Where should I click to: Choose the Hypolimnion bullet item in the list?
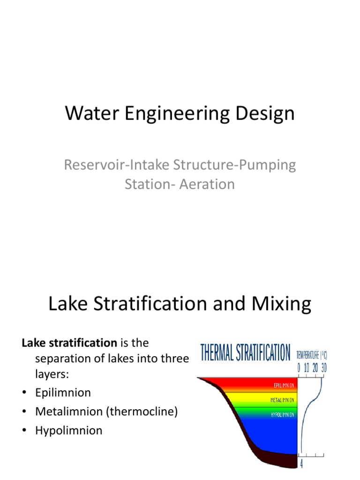[x=68, y=430]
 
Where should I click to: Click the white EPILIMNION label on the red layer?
[x=284, y=385]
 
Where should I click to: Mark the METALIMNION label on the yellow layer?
[x=282, y=400]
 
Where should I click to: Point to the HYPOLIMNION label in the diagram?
[x=282, y=415]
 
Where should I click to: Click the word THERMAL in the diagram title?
[x=220, y=353]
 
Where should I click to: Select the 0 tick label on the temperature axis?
[x=299, y=368]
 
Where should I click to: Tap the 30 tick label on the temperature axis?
[x=323, y=368]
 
